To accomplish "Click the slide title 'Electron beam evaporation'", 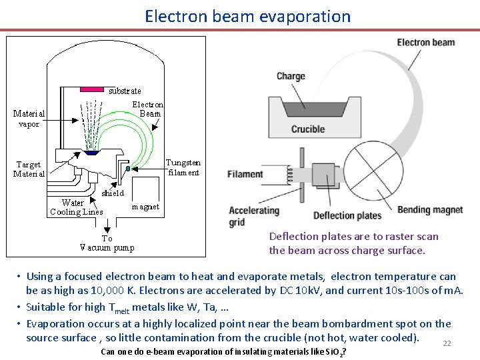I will [x=247, y=15].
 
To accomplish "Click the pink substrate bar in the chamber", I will [x=92, y=88].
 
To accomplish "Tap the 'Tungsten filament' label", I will [x=183, y=167].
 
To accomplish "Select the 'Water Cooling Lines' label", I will [x=76, y=207].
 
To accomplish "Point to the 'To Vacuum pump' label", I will [x=107, y=243].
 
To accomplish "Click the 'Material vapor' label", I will [x=29, y=118].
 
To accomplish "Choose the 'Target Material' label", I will [x=29, y=169].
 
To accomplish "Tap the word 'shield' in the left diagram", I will [x=113, y=193].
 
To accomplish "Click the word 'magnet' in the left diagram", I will [x=145, y=207].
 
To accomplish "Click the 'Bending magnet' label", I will [x=430, y=210].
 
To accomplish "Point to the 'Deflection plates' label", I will [x=347, y=215].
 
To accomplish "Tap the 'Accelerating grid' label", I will [x=254, y=216].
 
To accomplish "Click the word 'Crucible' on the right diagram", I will [x=308, y=129].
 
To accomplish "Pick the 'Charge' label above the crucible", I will [x=291, y=76].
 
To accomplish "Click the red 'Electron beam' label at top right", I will [x=426, y=43].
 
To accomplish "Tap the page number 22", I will [x=447, y=343].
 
